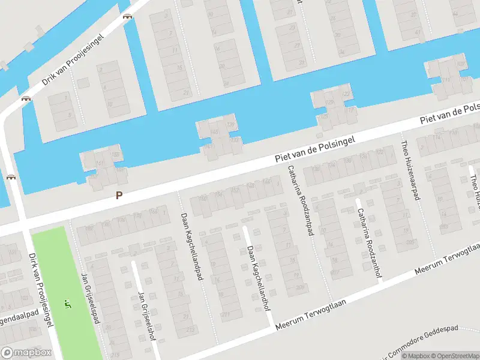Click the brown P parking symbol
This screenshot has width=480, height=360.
pos(119,195)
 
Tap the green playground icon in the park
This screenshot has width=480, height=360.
pos(68,304)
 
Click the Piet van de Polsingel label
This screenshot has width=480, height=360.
pos(315,149)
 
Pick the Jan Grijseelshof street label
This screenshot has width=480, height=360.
pos(146,315)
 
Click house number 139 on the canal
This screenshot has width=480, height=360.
pos(232,125)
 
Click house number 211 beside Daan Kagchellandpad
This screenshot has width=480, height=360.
pos(226,314)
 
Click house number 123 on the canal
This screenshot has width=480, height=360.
pos(346,94)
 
